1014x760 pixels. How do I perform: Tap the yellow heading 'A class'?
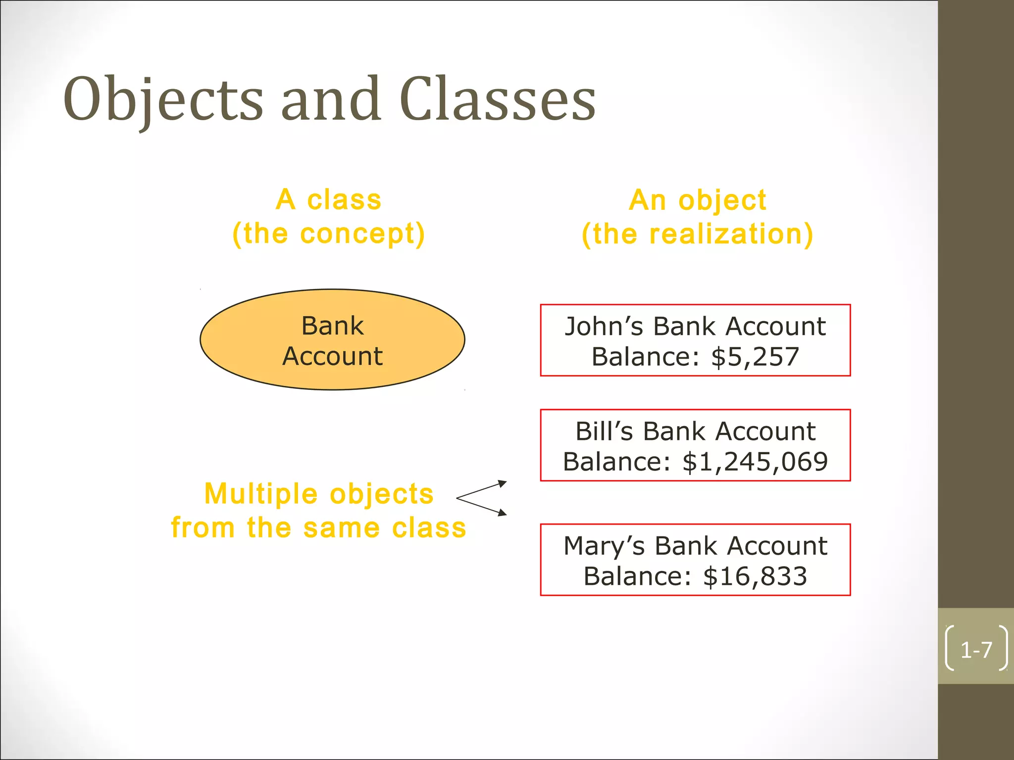click(329, 200)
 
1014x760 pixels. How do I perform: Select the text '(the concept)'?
click(329, 234)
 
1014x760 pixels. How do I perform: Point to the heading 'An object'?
click(697, 200)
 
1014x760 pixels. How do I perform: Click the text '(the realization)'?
click(697, 234)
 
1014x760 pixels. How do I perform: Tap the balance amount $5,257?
click(755, 357)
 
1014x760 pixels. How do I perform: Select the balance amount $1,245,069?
click(755, 462)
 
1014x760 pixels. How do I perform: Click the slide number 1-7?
click(976, 650)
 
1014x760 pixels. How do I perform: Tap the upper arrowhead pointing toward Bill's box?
click(503, 483)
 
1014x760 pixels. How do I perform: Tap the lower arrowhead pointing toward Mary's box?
click(503, 513)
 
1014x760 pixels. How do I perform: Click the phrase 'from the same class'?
click(318, 527)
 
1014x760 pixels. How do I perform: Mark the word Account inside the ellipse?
click(332, 356)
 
